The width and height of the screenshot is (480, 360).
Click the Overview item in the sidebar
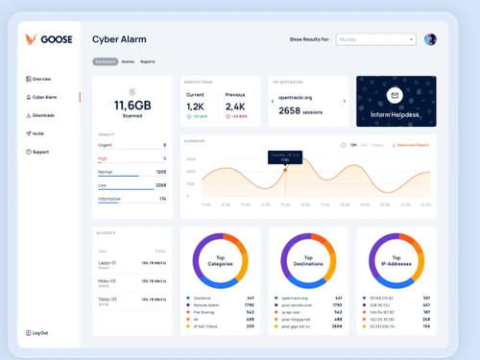[x=40, y=79]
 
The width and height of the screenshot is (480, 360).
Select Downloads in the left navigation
[x=42, y=115]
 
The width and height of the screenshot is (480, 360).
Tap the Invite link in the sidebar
[x=37, y=133]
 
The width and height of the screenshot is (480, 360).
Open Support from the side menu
[x=39, y=152]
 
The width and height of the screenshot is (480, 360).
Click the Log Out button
[x=39, y=332]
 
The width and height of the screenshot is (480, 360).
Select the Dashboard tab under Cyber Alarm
[x=105, y=61]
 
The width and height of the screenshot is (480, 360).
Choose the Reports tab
[x=148, y=61]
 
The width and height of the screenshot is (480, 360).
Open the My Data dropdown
[x=375, y=39]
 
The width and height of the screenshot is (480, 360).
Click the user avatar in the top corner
[x=430, y=39]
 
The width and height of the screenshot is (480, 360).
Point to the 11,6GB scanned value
[x=133, y=105]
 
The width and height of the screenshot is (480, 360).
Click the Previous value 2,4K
[x=235, y=107]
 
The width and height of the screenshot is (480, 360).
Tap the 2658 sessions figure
[x=302, y=110]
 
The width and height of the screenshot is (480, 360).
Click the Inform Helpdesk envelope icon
[x=396, y=96]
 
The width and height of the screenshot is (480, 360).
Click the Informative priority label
[x=109, y=199]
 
